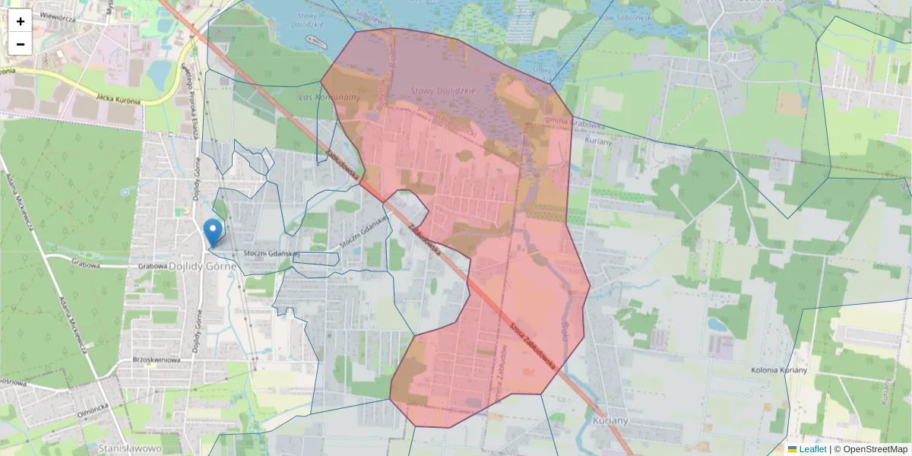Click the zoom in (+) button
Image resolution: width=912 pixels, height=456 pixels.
click(x=21, y=21)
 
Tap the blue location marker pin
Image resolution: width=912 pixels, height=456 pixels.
click(x=214, y=231)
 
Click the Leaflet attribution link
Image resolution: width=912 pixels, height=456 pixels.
click(x=812, y=449)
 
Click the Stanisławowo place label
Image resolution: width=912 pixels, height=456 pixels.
click(x=130, y=449)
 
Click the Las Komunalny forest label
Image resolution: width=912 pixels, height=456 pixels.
click(x=329, y=97)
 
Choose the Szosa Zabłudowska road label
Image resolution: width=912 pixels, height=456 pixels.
click(x=531, y=342)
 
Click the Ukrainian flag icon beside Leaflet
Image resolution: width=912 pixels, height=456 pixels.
click(x=793, y=449)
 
